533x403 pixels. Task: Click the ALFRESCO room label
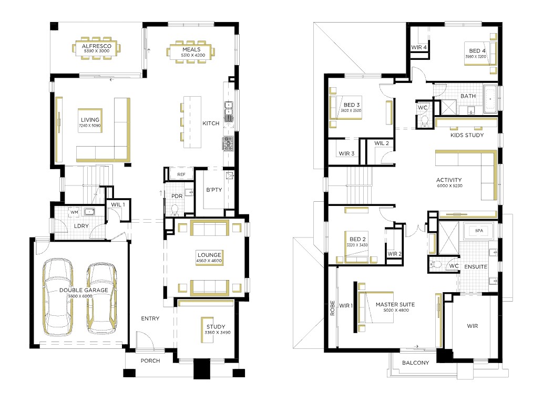point(97,46)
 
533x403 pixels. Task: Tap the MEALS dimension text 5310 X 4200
point(193,55)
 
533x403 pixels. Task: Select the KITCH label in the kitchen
point(211,123)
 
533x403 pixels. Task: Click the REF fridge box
point(181,174)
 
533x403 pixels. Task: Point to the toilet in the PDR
point(175,210)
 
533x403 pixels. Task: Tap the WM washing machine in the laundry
point(75,212)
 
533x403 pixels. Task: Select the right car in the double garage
point(101,298)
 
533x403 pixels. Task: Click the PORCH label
point(150,360)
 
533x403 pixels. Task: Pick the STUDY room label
point(216,326)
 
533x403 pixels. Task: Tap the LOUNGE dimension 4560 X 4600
point(209,261)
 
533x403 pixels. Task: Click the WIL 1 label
point(118,204)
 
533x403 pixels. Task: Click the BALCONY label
point(415,363)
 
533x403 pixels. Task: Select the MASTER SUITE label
point(395,304)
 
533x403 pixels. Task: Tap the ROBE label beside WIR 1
point(332,308)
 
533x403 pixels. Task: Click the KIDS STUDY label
point(467,135)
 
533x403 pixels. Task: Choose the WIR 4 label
point(419,47)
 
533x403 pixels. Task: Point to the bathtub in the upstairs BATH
point(490,99)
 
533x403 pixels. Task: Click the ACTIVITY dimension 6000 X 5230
point(449,186)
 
